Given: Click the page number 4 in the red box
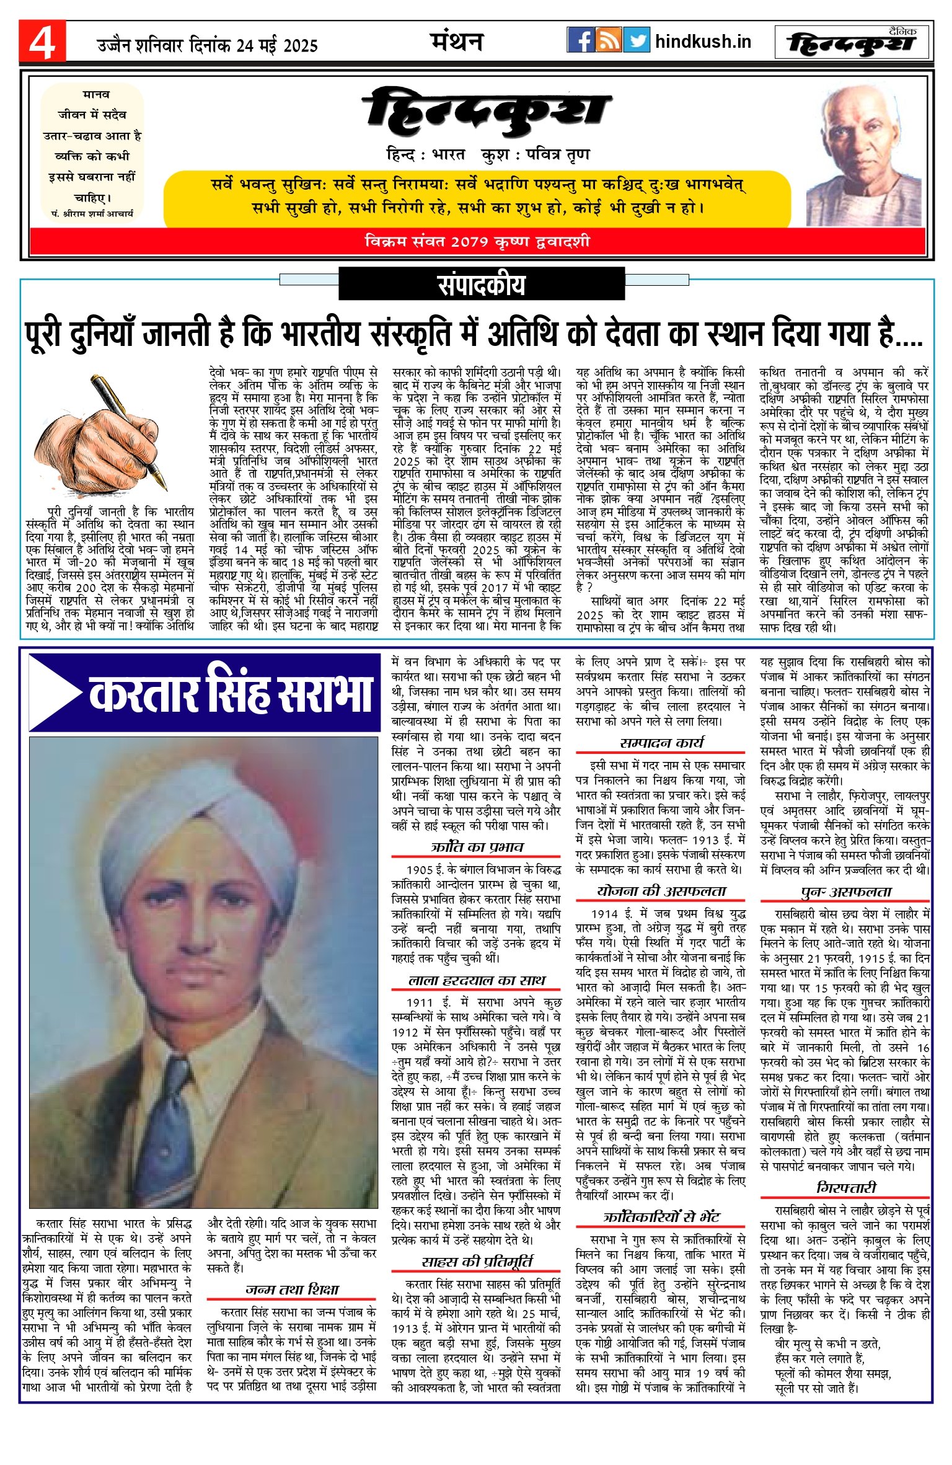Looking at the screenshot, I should coord(42,42).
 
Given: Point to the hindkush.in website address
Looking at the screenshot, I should coord(703,42).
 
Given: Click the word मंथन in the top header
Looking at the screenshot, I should coord(457,42).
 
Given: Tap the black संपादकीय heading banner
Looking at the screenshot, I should coord(482,284).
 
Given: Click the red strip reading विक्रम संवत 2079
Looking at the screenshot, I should coord(477,241).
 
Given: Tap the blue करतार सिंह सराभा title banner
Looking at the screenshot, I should coord(205,693).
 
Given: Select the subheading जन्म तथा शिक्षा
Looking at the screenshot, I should coord(292,1289).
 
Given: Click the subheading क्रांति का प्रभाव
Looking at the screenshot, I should coord(477,846).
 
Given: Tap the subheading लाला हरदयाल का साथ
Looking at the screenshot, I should coord(477,980).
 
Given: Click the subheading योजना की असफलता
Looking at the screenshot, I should coord(661,891).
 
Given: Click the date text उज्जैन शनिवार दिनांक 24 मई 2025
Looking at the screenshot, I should coord(207,45).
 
